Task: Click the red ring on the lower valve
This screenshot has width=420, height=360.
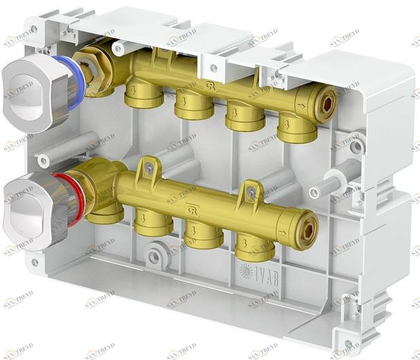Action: click(x=72, y=194)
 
